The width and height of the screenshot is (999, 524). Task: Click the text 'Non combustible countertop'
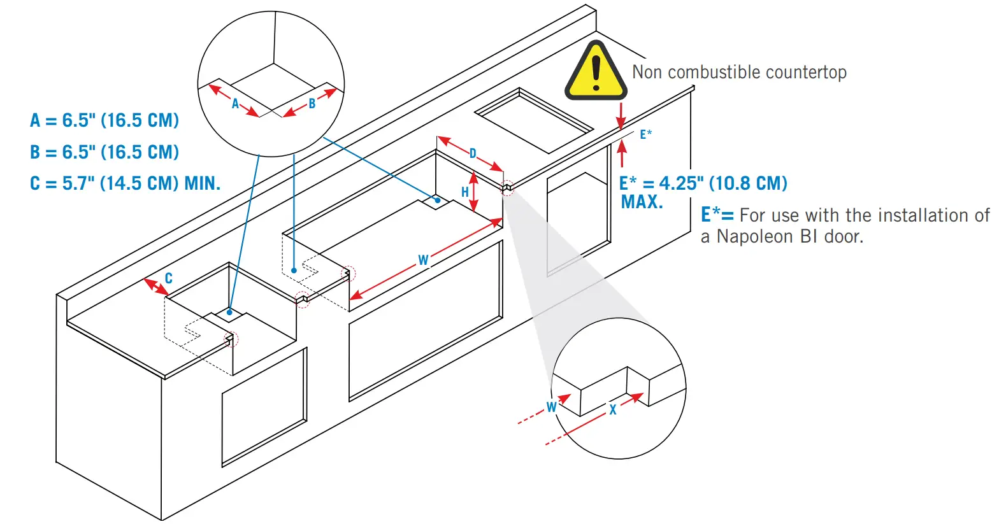click(739, 73)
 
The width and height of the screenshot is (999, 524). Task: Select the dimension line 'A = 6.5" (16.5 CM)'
click(104, 120)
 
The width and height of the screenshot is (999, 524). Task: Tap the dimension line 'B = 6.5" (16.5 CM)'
click(104, 152)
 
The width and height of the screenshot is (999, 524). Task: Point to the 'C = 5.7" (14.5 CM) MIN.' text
click(125, 184)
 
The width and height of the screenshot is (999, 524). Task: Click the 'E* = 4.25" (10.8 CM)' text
click(703, 183)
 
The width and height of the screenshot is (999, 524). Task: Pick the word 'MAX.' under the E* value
click(642, 202)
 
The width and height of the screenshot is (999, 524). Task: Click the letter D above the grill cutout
click(473, 153)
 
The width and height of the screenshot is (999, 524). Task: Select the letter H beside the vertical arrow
click(465, 192)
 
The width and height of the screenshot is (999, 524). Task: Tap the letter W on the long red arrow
click(423, 260)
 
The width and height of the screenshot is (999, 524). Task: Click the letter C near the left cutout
click(169, 278)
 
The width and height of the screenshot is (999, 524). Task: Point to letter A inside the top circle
click(235, 104)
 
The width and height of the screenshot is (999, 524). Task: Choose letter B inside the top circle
click(312, 104)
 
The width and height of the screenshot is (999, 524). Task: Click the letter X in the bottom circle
click(613, 410)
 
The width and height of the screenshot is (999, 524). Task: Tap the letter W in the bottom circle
click(552, 407)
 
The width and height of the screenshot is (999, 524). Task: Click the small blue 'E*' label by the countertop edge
click(645, 134)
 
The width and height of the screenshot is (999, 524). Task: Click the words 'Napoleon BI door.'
click(790, 237)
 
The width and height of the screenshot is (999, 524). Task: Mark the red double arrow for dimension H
click(473, 192)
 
